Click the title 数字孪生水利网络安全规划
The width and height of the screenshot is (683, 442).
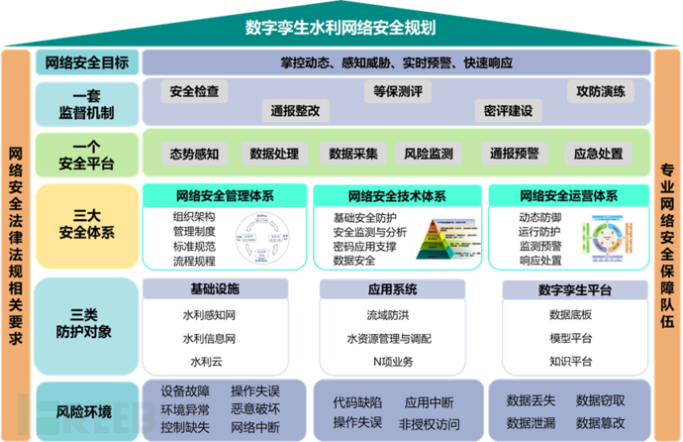[x=341, y=27]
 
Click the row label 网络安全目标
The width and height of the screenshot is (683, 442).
[x=87, y=63]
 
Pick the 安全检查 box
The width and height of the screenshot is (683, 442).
[x=194, y=92]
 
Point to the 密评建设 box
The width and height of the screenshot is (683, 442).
[x=508, y=110]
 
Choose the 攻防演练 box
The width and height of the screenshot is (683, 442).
[x=601, y=92]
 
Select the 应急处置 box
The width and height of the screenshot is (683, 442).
[x=599, y=154]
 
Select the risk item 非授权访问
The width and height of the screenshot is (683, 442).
[x=430, y=423]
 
